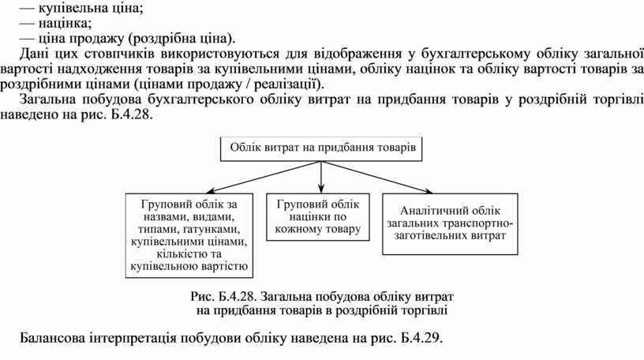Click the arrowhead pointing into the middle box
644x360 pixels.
pyautogui.click(x=320, y=189)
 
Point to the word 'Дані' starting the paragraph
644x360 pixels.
pyautogui.click(x=34, y=54)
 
